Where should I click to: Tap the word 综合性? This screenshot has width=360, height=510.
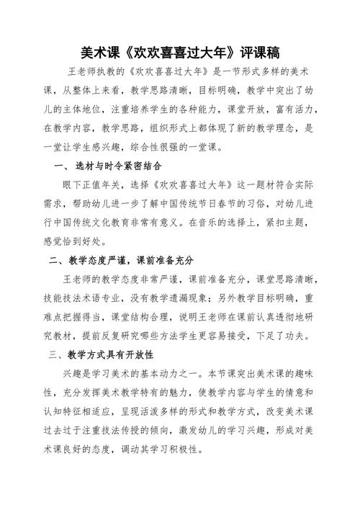coord(137,147)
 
